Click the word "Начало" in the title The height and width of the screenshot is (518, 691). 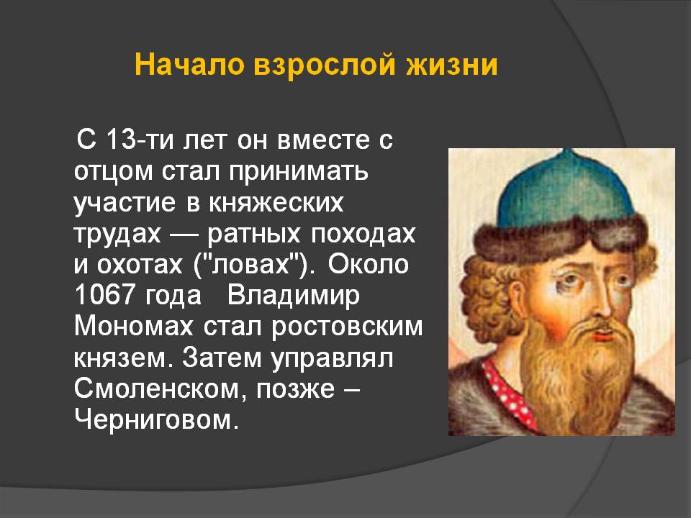click(x=189, y=64)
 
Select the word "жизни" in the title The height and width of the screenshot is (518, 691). click(x=452, y=65)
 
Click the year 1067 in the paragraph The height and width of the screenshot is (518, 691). click(x=104, y=295)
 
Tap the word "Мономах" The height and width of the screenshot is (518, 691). click(x=134, y=326)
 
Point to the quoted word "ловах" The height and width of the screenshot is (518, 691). click(x=250, y=264)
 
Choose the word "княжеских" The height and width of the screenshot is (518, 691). click(x=276, y=203)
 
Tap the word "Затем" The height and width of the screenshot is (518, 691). click(x=222, y=358)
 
